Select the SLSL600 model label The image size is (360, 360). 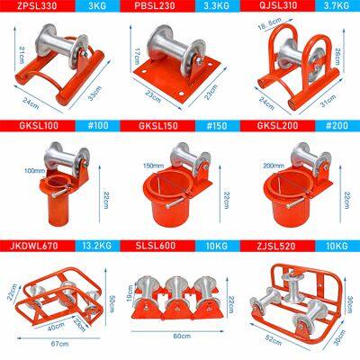pos(157,245)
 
